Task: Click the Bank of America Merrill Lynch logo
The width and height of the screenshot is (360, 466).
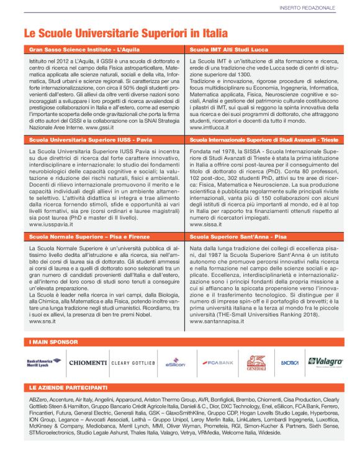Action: tap(44, 362)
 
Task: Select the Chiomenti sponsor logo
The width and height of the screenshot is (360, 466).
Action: tap(88, 362)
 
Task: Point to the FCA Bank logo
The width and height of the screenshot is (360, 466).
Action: tap(217, 362)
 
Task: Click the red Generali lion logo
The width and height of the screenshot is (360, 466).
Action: tap(256, 362)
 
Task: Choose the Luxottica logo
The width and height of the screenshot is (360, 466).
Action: tap(290, 362)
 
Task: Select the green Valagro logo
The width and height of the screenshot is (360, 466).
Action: tap(325, 362)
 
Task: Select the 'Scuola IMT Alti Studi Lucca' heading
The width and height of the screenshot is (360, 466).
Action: tap(228, 48)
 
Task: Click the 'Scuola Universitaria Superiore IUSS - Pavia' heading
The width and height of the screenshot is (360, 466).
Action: tap(92, 141)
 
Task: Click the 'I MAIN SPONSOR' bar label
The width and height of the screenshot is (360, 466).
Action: tap(53, 342)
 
